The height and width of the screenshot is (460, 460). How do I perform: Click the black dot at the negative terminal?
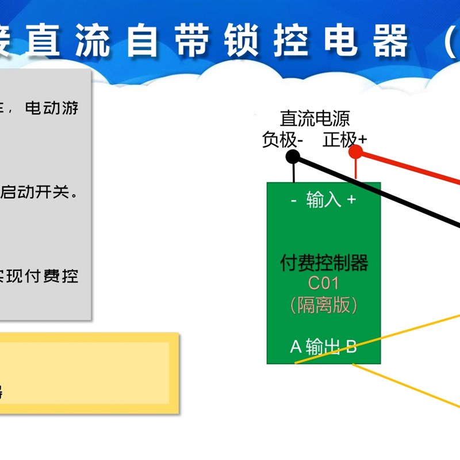coord(293,156)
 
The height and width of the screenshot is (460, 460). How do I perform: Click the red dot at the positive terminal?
coord(356,152)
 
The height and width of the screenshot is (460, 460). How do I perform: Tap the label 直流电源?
coord(315,118)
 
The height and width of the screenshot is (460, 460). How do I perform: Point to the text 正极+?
coord(344,139)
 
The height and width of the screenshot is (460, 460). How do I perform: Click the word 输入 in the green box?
coord(324,200)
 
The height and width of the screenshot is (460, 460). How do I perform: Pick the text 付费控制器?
coord(324,263)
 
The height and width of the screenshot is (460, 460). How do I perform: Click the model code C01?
coord(324,283)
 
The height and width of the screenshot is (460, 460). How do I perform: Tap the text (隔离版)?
coord(324,304)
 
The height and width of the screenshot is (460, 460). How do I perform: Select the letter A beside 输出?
coord(296,347)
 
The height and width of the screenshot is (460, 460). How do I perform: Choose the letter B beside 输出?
coord(351,347)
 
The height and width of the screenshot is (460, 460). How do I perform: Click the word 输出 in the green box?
coord(323,347)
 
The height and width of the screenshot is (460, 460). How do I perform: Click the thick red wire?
coord(414,166)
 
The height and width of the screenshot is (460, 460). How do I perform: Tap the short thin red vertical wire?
coord(356,170)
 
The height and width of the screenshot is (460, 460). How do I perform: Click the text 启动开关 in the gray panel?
coord(34,192)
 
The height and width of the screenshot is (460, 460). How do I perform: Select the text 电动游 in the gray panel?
coord(52,108)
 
